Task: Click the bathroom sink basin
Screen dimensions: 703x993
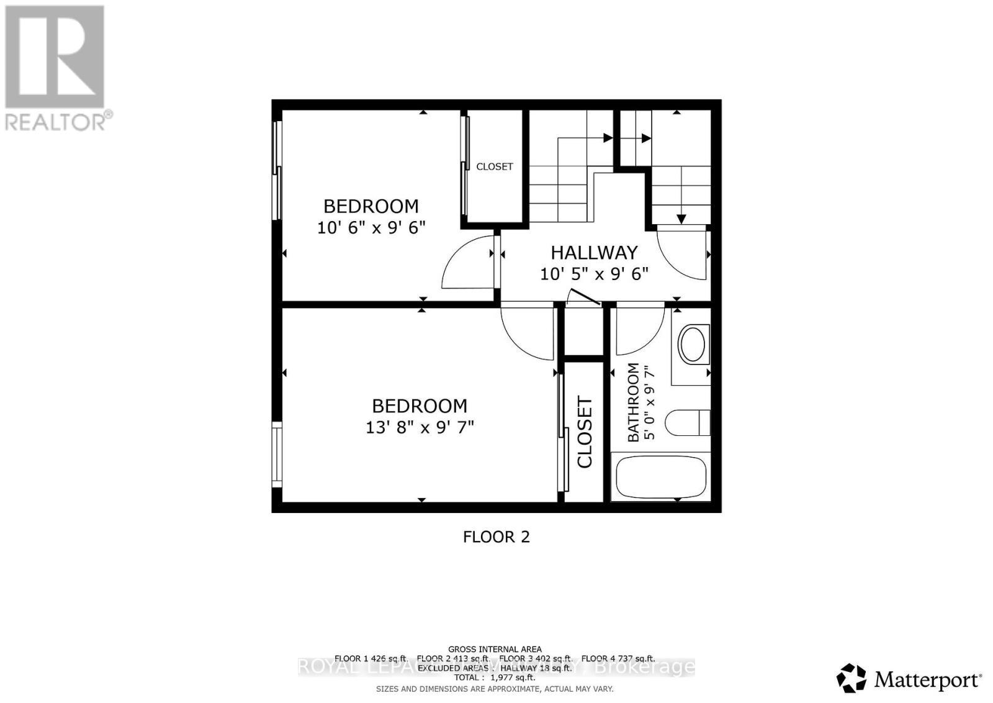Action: (x=692, y=345)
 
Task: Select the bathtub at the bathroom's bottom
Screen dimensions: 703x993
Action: (x=660, y=477)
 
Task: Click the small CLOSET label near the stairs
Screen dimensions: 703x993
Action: (x=495, y=166)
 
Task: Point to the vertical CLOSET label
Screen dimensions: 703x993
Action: (x=585, y=432)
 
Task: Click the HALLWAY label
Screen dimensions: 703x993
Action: (x=594, y=253)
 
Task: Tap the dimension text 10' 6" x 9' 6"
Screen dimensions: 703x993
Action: (x=371, y=228)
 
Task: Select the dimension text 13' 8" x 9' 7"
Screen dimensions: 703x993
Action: (x=420, y=428)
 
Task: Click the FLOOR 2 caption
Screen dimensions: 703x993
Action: (x=496, y=537)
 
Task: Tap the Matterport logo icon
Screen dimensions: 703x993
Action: (x=851, y=678)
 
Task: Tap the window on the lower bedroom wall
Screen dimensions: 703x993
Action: (x=277, y=455)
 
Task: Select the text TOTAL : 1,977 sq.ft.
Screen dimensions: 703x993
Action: (x=495, y=678)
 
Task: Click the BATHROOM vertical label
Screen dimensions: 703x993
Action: (x=633, y=402)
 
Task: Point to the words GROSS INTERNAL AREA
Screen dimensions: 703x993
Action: (x=495, y=650)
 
